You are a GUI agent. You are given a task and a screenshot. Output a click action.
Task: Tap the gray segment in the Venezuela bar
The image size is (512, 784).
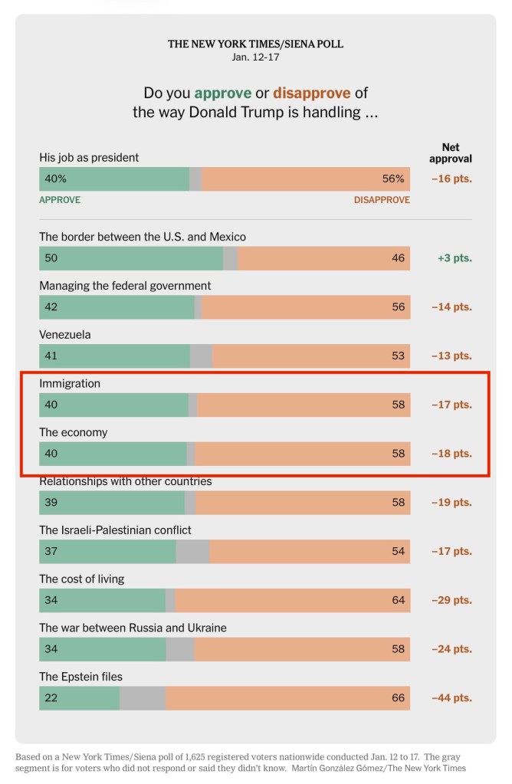tap(201, 356)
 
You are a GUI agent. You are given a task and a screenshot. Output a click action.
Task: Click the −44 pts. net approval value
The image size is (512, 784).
tap(451, 698)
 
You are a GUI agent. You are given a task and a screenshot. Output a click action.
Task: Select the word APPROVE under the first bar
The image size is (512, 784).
tap(60, 200)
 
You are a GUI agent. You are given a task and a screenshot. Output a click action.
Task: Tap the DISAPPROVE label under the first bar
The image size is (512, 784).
tap(381, 200)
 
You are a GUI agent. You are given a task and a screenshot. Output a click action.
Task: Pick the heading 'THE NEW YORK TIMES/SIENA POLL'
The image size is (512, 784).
tap(255, 44)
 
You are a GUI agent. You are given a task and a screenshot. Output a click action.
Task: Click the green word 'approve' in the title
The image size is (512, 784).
tap(222, 93)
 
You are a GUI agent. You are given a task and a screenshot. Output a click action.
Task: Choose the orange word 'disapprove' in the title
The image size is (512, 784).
tap(312, 93)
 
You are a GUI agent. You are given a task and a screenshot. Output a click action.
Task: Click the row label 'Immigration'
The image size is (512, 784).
tap(70, 383)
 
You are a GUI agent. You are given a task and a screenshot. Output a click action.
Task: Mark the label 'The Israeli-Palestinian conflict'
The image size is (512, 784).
tap(115, 530)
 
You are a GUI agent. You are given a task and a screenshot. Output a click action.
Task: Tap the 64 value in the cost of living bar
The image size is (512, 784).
tap(398, 600)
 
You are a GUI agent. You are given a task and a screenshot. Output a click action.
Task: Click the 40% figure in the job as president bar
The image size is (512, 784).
tap(56, 179)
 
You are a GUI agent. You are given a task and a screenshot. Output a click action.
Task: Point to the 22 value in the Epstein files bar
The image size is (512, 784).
tap(51, 698)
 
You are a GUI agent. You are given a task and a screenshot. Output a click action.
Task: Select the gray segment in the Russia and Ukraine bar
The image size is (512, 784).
tap(180, 649)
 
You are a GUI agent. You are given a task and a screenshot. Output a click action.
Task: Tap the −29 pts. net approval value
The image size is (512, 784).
tap(451, 600)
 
